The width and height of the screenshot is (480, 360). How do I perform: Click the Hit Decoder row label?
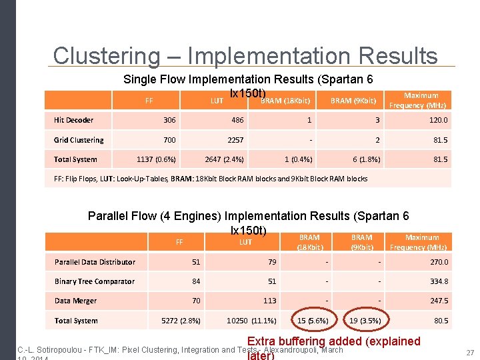tap(73, 120)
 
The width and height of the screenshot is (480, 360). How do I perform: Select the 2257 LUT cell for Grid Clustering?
tap(235, 140)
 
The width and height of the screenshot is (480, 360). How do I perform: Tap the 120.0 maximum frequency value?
tap(439, 120)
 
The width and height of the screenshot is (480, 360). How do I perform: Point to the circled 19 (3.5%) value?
tap(365, 321)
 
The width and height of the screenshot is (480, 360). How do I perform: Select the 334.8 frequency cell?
tap(437, 281)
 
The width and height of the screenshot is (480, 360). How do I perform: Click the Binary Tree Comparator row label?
tap(95, 281)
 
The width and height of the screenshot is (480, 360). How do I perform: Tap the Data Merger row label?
tap(75, 301)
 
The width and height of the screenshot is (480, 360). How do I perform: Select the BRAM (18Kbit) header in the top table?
tap(285, 101)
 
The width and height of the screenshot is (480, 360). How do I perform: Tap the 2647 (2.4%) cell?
tap(224, 159)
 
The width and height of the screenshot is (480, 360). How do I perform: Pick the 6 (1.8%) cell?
tap(367, 159)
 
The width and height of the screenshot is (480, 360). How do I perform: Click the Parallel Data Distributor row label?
tap(95, 262)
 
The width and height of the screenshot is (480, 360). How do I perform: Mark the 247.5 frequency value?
tap(439, 301)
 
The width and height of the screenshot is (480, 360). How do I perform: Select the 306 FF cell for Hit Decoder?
tap(170, 120)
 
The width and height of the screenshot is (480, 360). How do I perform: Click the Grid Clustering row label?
tap(79, 140)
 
